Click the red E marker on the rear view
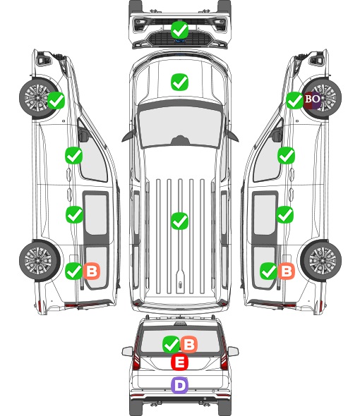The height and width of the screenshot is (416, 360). [x=179, y=362]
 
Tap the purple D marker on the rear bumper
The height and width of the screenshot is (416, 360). [x=179, y=385]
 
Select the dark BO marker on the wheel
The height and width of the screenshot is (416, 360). [x=312, y=99]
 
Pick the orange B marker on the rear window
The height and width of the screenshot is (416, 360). [x=189, y=345]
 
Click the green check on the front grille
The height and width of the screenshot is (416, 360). [x=179, y=30]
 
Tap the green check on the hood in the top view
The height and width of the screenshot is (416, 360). [x=179, y=82]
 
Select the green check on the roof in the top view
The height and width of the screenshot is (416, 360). [x=179, y=221]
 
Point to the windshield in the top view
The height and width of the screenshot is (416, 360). [x=180, y=127]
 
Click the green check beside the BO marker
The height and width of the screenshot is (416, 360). [x=294, y=100]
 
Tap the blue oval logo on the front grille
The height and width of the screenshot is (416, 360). [x=180, y=41]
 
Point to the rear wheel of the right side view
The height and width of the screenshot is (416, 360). [x=321, y=260]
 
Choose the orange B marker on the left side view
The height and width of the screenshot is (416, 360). [x=92, y=271]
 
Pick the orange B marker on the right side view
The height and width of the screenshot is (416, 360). [x=287, y=271]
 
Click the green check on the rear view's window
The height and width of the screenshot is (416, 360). [x=171, y=345]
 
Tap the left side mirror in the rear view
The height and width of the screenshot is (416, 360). [x=127, y=352]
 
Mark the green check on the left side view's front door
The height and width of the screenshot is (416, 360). [x=74, y=155]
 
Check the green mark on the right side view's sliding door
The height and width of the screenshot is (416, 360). [x=285, y=214]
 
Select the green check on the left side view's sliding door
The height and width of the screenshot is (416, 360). [x=74, y=214]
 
